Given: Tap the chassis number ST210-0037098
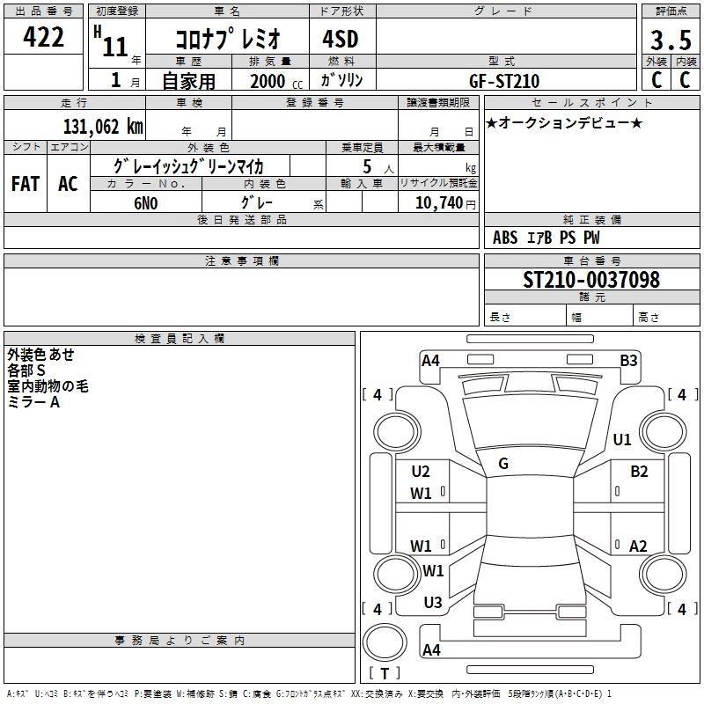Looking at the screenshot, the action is click(590, 280).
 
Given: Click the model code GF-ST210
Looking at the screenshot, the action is click(504, 81).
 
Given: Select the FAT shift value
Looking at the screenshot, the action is click(25, 183).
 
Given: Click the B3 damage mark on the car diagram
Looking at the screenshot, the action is click(628, 359).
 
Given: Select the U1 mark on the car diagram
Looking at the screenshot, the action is click(622, 439).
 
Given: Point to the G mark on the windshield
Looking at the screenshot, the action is click(503, 464).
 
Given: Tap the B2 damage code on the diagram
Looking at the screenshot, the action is click(639, 471).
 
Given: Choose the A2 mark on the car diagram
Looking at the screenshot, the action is click(638, 546).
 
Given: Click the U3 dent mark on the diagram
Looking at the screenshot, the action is click(432, 602).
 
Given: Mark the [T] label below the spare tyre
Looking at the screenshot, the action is click(385, 673).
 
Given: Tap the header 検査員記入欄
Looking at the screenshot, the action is click(180, 338).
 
